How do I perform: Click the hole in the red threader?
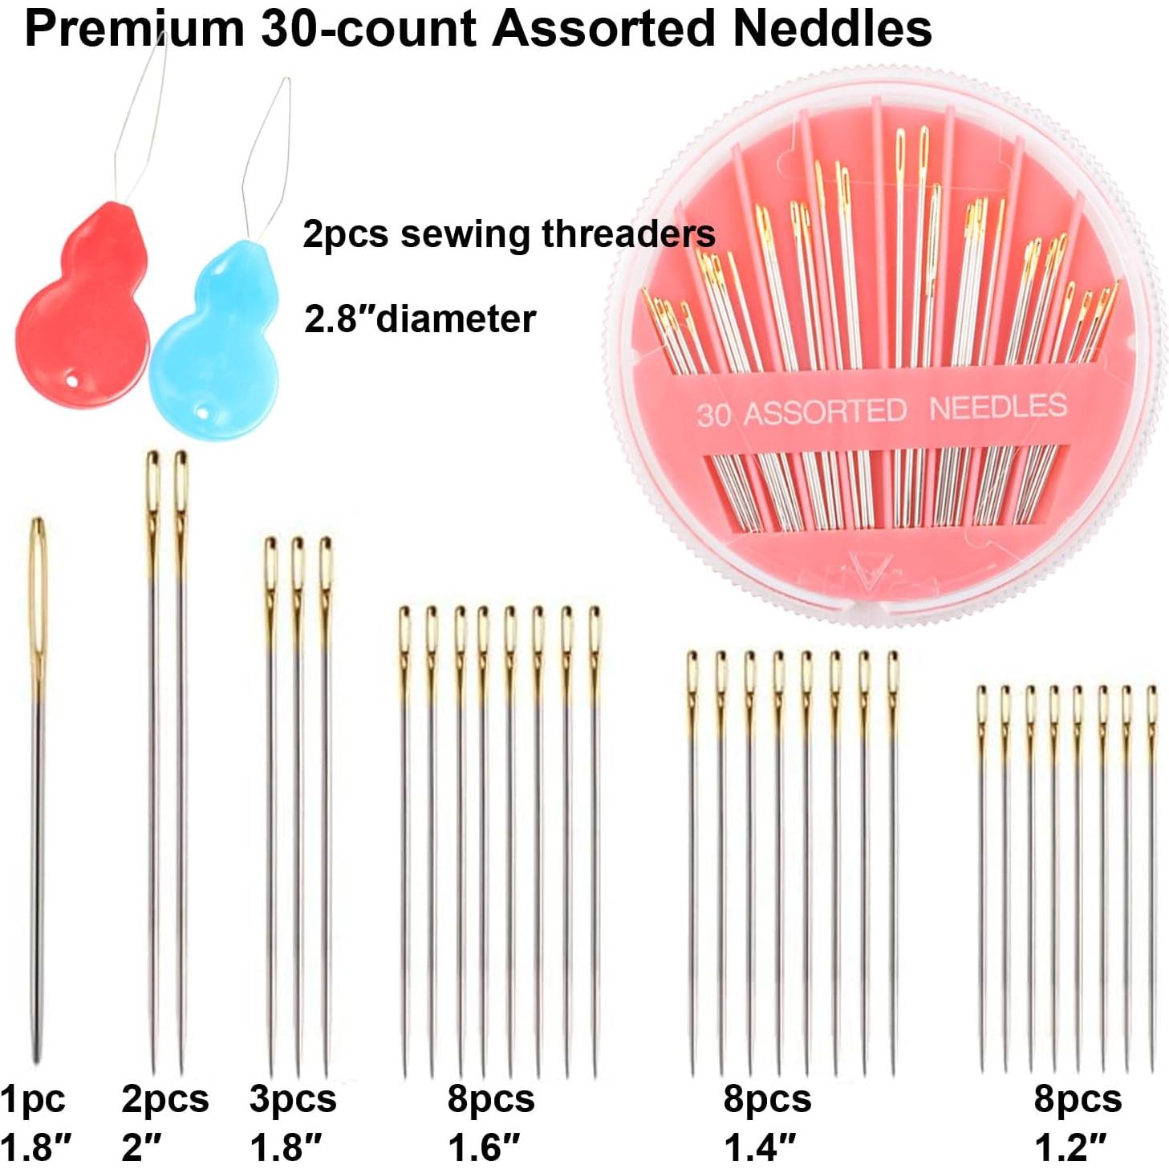(73, 382)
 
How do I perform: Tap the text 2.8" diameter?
(420, 319)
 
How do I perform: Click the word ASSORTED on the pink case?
(825, 412)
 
